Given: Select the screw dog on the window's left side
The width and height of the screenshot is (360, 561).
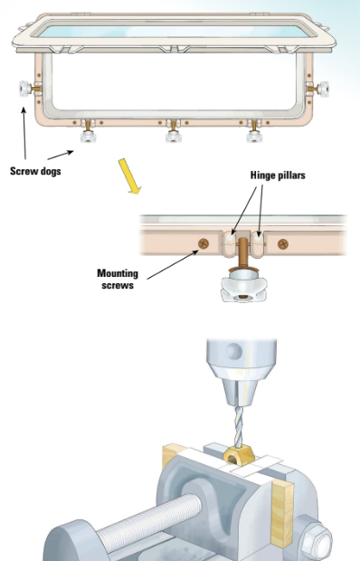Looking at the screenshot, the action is click(x=19, y=90).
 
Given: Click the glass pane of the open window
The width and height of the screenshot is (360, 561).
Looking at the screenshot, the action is click(x=172, y=30).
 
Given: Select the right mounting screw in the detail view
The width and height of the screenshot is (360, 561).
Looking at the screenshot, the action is click(x=282, y=242).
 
